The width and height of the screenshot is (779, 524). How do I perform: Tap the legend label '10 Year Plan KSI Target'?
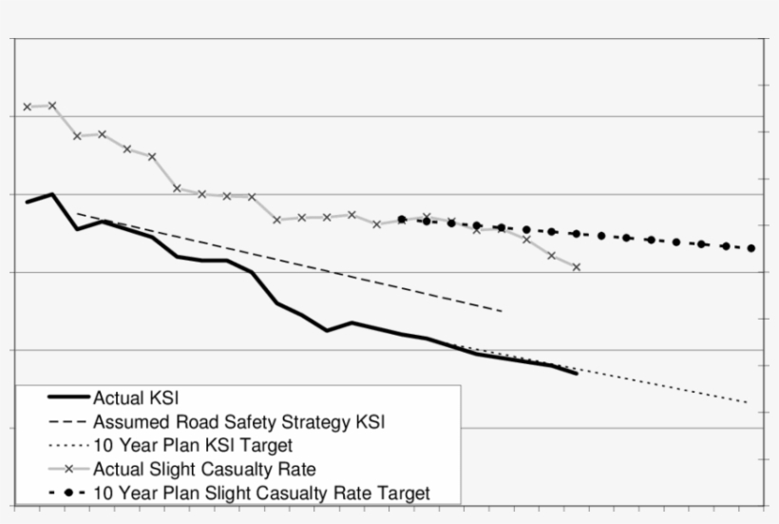(193, 445)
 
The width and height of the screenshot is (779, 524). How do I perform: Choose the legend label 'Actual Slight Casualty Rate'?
(204, 469)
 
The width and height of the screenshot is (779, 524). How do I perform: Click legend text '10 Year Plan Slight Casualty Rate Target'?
(261, 493)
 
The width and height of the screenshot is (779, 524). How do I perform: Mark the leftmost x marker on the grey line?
(28, 107)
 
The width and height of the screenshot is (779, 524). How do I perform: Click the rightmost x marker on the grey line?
(577, 267)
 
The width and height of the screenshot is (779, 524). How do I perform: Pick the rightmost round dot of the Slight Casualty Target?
(751, 248)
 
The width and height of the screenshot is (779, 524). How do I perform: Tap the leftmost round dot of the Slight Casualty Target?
(402, 220)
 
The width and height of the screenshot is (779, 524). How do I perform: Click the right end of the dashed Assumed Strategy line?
(502, 311)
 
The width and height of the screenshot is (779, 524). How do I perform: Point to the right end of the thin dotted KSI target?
(749, 403)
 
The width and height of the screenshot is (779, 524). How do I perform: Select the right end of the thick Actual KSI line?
(577, 374)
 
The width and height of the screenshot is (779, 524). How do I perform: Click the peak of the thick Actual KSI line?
(52, 194)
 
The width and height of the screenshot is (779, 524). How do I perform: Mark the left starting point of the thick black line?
(28, 202)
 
